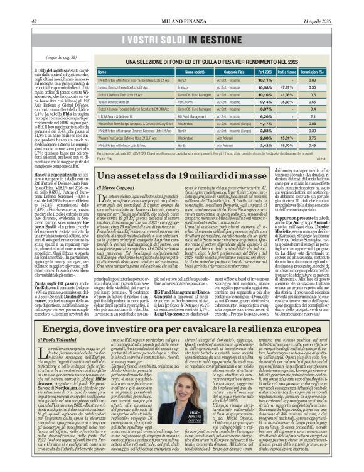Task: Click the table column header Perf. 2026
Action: coord(265,72)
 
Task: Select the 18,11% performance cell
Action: coord(265,80)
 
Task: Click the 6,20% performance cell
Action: coord(265,116)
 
